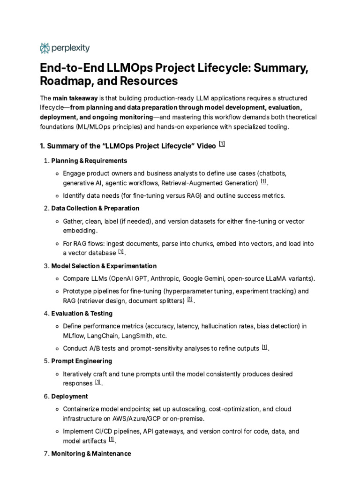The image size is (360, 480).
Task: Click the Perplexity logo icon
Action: (45, 48)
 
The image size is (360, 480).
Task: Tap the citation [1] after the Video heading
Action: (222, 144)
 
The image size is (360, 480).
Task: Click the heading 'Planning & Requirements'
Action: (89, 161)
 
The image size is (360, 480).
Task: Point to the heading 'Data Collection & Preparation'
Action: (95, 208)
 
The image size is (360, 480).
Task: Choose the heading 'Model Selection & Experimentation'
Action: (104, 266)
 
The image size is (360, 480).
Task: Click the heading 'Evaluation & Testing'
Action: (82, 313)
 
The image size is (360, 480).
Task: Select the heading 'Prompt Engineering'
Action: (82, 361)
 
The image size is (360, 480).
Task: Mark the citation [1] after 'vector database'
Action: (121, 252)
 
